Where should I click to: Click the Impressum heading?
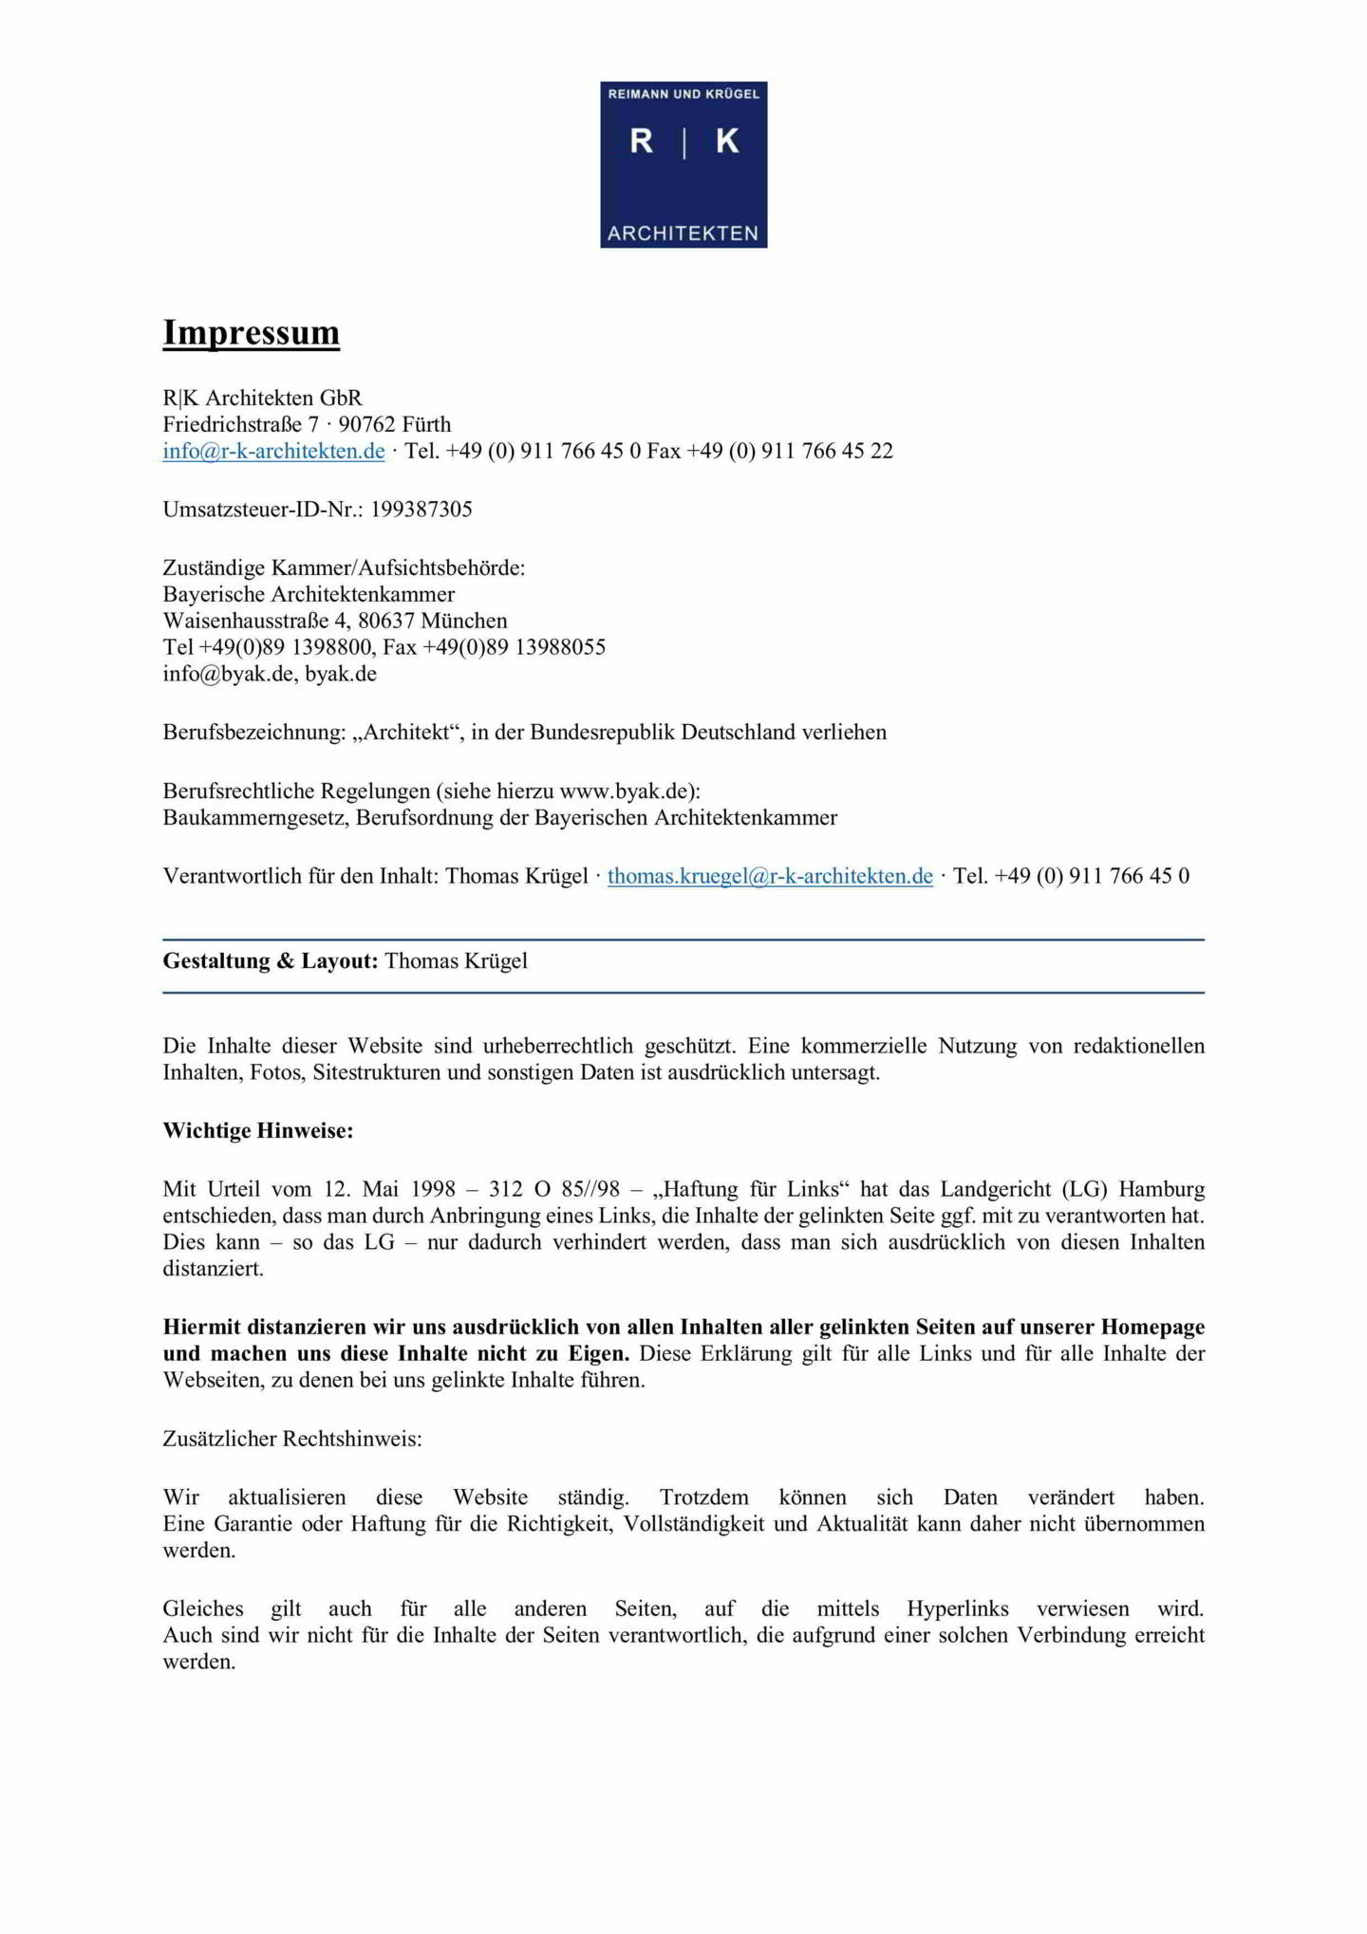[x=251, y=332]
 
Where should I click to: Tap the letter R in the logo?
[x=642, y=141]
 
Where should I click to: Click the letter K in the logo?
[x=727, y=141]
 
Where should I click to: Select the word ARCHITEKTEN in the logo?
[x=683, y=233]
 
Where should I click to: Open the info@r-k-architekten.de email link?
[x=273, y=451]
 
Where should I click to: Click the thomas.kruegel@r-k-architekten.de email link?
[x=770, y=876]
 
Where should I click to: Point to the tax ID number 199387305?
[x=421, y=510]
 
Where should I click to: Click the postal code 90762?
[x=366, y=424]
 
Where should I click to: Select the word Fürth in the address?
[x=426, y=424]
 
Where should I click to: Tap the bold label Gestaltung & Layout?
[x=271, y=961]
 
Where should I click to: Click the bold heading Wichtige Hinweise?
[x=257, y=1131]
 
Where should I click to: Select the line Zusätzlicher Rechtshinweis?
[x=292, y=1439]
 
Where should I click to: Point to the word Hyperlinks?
[x=957, y=1609]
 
